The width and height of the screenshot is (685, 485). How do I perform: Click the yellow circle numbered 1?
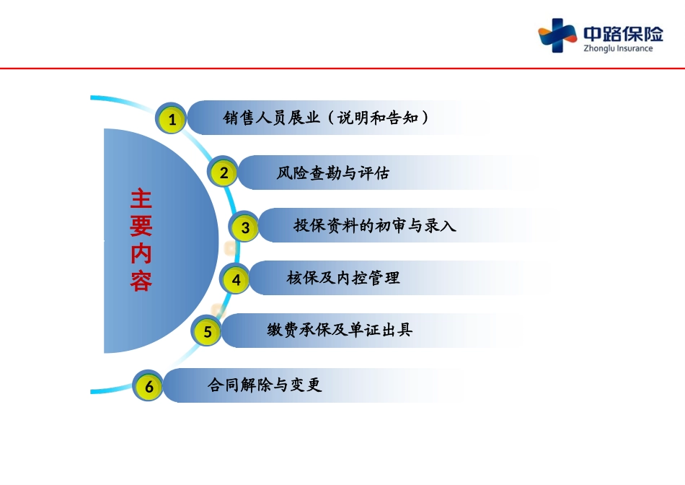point(172,119)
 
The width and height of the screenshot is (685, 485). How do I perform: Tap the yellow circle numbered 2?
point(224,172)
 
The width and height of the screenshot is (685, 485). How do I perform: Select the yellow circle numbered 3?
point(244,227)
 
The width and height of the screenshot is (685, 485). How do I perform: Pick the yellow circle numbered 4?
point(236,279)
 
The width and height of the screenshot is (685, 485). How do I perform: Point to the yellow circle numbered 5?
point(207,331)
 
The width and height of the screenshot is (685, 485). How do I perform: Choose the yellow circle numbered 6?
point(149,386)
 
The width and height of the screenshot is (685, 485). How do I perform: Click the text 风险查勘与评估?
point(333,173)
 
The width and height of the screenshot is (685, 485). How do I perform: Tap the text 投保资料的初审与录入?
point(375,226)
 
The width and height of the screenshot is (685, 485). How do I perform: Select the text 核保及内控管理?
point(343,278)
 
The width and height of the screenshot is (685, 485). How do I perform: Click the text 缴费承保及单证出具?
point(340,330)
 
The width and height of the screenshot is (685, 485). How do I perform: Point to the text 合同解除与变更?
point(265,385)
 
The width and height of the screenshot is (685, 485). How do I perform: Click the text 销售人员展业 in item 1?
point(271,118)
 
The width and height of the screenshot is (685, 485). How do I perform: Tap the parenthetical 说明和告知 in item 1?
point(378,118)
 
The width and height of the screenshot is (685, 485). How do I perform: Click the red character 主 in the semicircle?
point(141,199)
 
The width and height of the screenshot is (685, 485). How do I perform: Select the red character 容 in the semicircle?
point(141,281)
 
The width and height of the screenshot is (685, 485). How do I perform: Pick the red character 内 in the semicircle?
point(141,253)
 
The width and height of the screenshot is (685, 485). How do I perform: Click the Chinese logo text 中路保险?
point(624,34)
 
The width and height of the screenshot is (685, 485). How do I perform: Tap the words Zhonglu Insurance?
point(618,48)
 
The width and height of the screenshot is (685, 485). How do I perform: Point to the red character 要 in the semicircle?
point(141,226)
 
